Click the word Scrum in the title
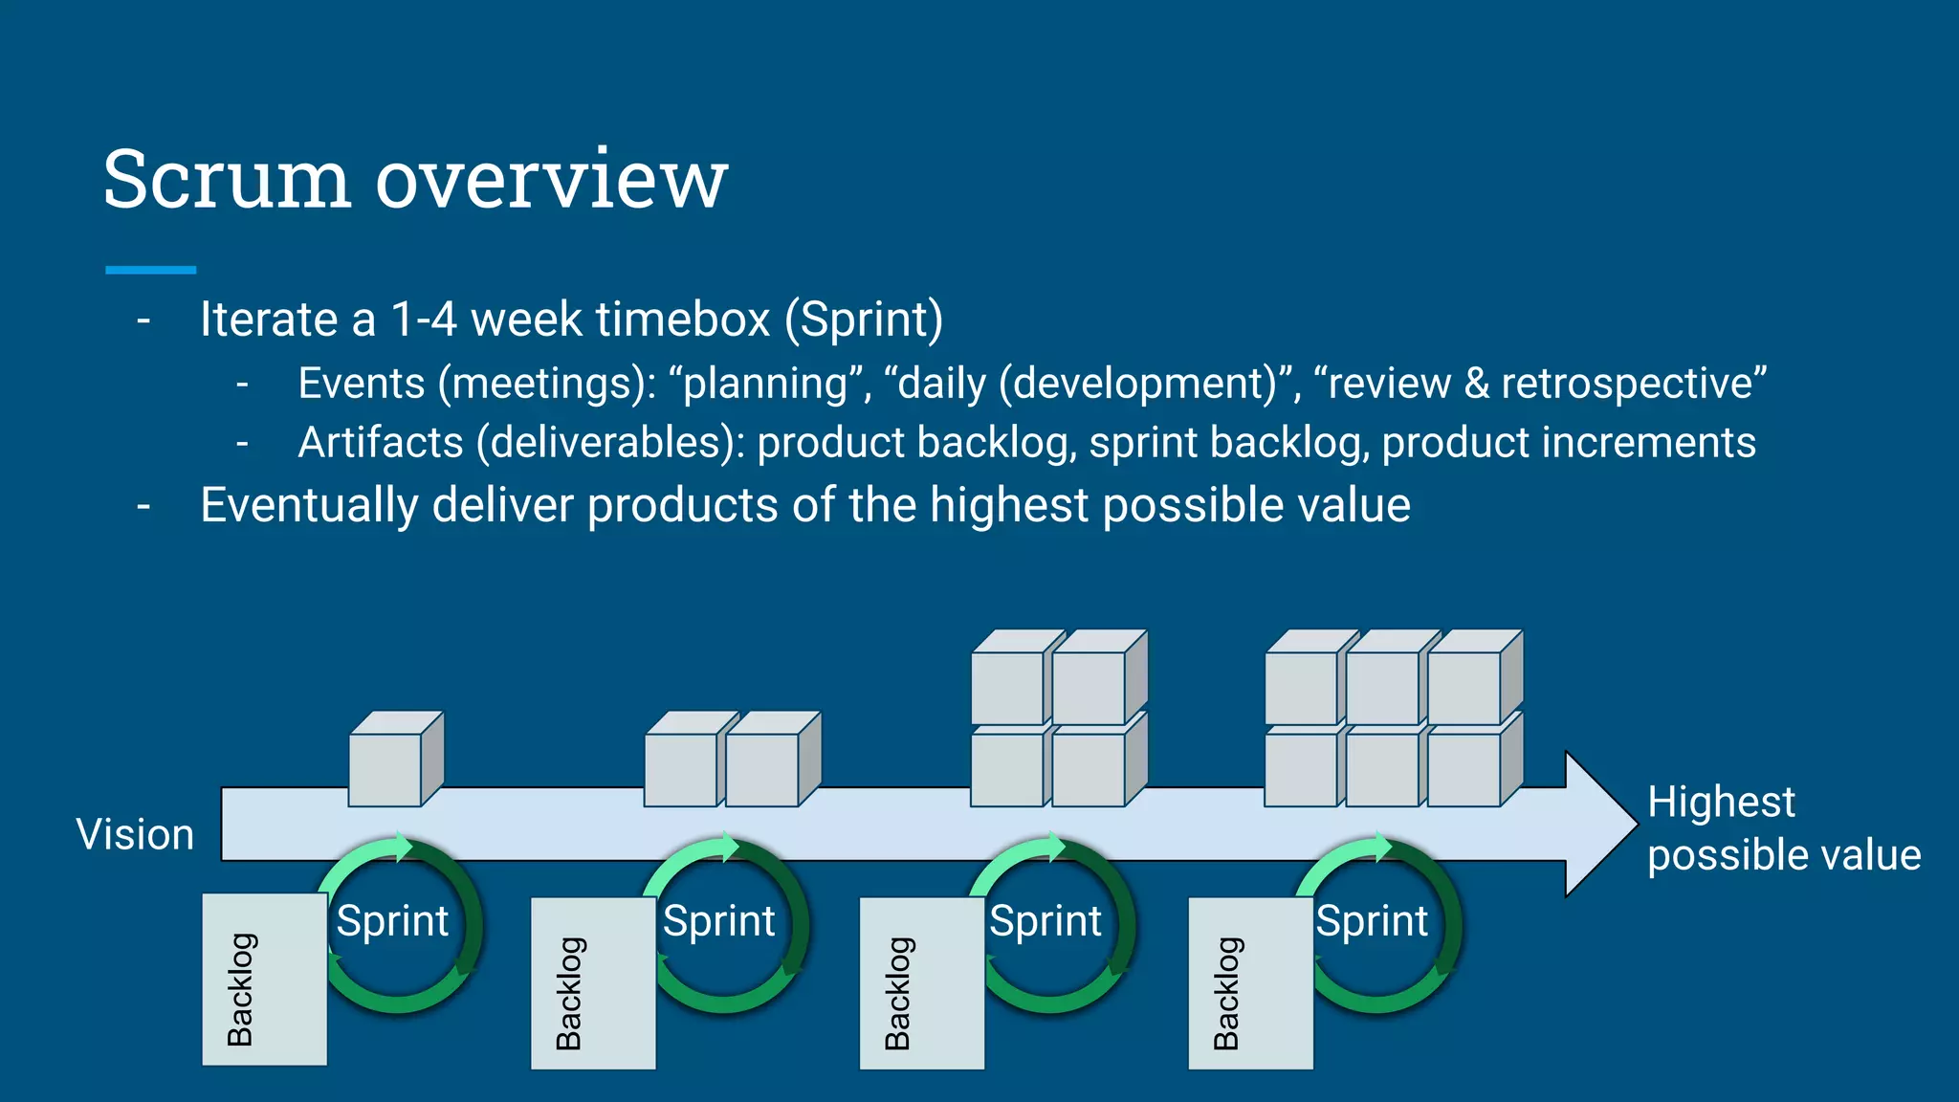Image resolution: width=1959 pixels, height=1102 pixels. (227, 180)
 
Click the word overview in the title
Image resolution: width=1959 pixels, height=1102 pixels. (552, 180)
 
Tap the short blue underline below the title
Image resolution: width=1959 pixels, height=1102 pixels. (150, 271)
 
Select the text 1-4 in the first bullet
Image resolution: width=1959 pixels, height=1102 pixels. (424, 320)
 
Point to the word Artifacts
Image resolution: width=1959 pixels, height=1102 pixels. (380, 443)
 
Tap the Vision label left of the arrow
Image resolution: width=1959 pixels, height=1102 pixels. (135, 834)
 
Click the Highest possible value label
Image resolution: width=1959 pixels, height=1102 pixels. (1782, 828)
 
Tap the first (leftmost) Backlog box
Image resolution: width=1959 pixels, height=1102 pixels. (264, 980)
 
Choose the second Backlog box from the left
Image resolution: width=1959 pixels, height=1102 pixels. (593, 983)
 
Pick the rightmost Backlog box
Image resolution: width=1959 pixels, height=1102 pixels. (1250, 983)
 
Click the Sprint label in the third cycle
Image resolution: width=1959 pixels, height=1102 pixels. (1046, 921)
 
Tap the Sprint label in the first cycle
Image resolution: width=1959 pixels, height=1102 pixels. (392, 921)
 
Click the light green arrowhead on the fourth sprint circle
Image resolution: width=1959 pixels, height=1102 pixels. (1382, 847)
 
